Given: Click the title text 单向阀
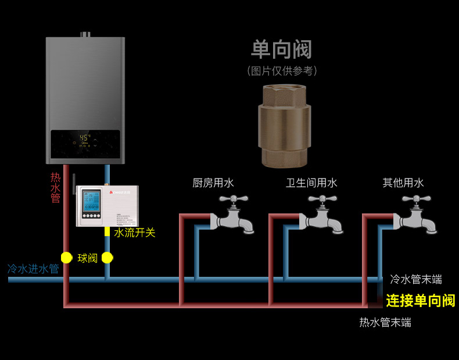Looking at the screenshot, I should (x=282, y=50).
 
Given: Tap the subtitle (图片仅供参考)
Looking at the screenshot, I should (x=282, y=71).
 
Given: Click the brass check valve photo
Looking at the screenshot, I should (x=284, y=126).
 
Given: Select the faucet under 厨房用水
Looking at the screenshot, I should (x=234, y=215).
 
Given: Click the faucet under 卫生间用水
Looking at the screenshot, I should (x=322, y=215).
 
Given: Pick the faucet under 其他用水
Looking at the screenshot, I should (x=416, y=215).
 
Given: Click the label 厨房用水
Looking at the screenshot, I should (x=213, y=183).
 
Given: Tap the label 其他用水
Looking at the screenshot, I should (x=403, y=183).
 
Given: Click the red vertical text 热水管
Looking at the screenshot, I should (x=55, y=187).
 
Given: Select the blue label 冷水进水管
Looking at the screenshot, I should (x=33, y=269).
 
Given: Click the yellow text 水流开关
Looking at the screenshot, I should (x=134, y=233).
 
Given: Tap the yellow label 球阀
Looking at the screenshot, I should (x=88, y=258).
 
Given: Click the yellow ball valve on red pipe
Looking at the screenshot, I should (x=66, y=258).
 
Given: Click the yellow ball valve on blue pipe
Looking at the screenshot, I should (x=107, y=258).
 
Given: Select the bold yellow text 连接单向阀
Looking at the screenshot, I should (x=421, y=301).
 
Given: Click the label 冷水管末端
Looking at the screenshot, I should (x=415, y=280).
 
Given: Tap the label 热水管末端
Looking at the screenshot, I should (x=385, y=322).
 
